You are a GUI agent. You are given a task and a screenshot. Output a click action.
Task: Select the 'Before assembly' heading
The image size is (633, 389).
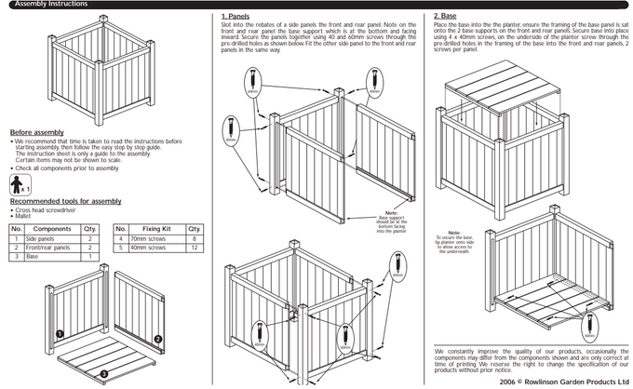click(x=37, y=132)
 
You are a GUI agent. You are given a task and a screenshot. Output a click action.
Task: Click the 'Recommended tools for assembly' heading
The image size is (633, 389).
click(x=65, y=201)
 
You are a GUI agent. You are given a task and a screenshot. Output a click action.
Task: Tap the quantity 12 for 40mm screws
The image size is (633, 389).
click(x=194, y=248)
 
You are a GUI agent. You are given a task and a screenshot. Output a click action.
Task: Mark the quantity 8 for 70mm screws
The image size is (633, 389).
click(x=194, y=239)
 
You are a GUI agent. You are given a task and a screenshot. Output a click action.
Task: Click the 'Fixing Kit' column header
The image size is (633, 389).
click(x=155, y=229)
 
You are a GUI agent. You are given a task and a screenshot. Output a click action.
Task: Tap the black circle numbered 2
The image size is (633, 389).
click(x=158, y=338)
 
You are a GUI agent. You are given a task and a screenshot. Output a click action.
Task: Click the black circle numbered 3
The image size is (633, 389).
click(x=104, y=373)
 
